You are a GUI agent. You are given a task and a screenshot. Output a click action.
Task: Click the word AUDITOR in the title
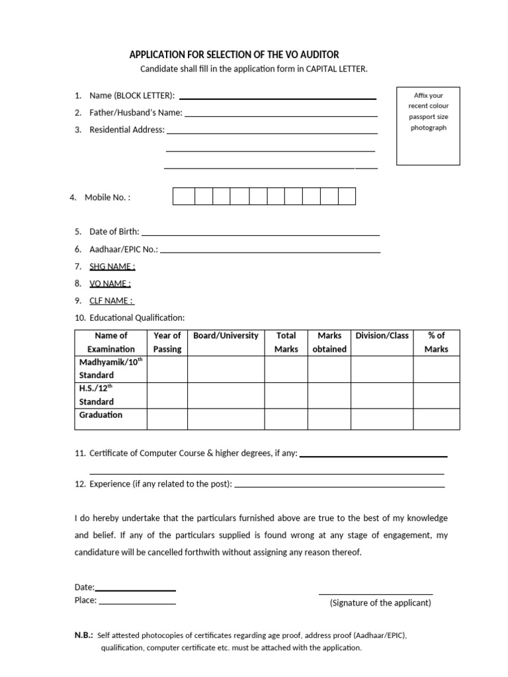(x=317, y=55)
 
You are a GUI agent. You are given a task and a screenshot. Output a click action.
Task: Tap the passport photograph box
(x=429, y=126)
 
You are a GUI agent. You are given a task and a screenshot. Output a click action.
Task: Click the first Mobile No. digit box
(x=183, y=196)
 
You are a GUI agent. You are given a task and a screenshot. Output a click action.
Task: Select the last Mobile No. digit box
(x=347, y=196)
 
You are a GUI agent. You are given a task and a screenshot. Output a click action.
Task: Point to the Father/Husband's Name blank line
(x=280, y=114)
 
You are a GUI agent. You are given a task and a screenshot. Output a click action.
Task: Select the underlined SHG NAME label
(x=112, y=266)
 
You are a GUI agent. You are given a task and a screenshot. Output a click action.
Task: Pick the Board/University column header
(x=226, y=336)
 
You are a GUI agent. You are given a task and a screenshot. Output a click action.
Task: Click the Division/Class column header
(x=382, y=336)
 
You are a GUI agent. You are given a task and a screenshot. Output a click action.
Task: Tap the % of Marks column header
(x=437, y=342)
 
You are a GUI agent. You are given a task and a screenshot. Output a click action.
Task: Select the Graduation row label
(x=101, y=415)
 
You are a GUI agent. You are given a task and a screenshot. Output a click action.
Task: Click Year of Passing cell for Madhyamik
(x=167, y=369)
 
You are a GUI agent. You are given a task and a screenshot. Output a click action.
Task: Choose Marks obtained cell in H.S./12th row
(x=329, y=395)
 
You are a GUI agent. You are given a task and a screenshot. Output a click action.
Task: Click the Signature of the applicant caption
(x=380, y=603)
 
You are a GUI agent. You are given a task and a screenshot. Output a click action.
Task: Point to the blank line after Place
(x=137, y=603)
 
